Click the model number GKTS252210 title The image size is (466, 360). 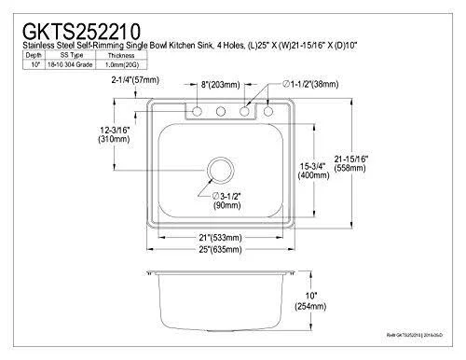[x=81, y=31]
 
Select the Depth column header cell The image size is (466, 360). [x=34, y=55]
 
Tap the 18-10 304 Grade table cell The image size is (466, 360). [x=70, y=64]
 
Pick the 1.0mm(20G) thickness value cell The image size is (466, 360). [x=121, y=64]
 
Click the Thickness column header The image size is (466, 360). [x=121, y=55]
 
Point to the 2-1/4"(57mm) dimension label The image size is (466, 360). [x=135, y=80]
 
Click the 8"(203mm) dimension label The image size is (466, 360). [x=220, y=84]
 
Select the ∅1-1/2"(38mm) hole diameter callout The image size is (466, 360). [x=310, y=84]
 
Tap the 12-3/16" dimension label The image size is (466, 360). [x=115, y=130]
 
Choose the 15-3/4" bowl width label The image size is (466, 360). [x=313, y=166]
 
